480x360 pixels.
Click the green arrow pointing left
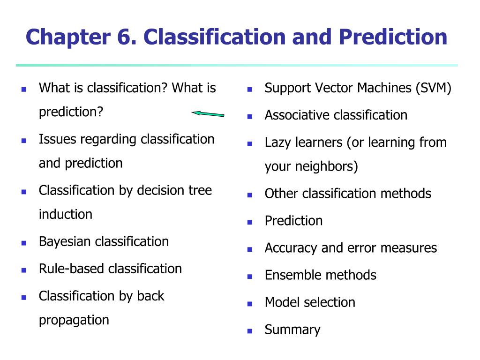point(208,114)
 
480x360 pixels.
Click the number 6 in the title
point(126,37)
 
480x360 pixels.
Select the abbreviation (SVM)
point(434,88)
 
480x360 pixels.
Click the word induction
point(66,214)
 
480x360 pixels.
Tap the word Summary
point(292,330)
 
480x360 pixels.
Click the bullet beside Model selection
point(250,304)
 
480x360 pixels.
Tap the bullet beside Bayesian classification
point(24,243)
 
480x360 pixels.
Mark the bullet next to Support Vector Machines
point(250,90)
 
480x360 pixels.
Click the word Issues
point(57,139)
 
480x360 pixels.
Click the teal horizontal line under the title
point(237,65)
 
